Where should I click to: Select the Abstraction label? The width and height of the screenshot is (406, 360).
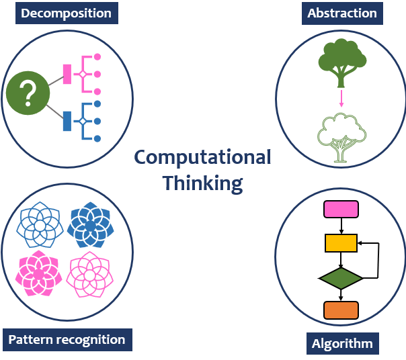click(341, 13)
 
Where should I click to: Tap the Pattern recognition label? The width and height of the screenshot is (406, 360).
click(67, 339)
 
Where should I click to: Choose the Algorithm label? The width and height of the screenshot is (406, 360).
click(341, 344)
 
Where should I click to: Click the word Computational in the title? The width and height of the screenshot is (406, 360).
click(202, 157)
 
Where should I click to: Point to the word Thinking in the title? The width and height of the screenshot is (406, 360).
click(202, 183)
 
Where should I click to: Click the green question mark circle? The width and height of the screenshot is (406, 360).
click(28, 94)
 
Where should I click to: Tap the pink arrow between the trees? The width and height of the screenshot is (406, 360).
click(341, 99)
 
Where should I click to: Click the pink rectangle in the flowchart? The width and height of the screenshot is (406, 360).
click(341, 210)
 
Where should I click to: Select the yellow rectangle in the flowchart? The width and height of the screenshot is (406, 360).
click(341, 242)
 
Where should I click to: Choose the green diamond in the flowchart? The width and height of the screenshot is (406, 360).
click(341, 277)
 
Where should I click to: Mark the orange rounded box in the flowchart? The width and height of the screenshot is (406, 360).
click(341, 310)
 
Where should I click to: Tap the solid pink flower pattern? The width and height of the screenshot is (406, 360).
click(39, 274)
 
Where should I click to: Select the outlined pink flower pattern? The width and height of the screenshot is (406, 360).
click(90, 274)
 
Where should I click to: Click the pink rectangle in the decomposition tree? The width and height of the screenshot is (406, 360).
click(67, 73)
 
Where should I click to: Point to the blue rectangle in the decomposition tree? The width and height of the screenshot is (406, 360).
click(67, 121)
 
